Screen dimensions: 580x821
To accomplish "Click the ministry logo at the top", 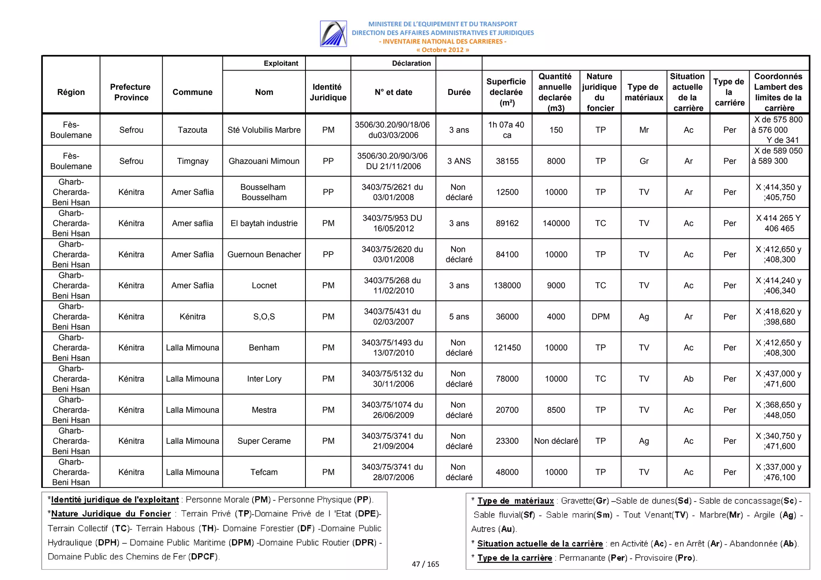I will [x=333, y=34].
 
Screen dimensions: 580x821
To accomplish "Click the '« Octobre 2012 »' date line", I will [x=443, y=50].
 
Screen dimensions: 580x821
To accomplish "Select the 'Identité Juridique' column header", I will [x=328, y=92].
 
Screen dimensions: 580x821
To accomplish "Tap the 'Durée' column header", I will [x=459, y=92].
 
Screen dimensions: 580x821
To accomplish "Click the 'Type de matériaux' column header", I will [x=644, y=92].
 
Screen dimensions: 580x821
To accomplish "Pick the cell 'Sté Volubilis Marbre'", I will [x=264, y=130].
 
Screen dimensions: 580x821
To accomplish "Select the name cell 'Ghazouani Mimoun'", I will [x=264, y=161].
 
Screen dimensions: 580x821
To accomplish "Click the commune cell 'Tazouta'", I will [x=192, y=130].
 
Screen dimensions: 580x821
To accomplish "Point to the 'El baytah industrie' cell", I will [x=264, y=223].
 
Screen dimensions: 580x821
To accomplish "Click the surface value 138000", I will [x=507, y=285].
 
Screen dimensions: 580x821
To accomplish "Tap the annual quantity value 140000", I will [x=556, y=223].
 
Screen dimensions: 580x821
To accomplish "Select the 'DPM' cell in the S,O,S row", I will [x=600, y=316].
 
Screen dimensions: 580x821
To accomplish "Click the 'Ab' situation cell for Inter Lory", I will [x=688, y=379].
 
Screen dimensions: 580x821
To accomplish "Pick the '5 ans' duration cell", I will [x=459, y=316].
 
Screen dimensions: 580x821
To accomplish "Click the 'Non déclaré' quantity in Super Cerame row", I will [x=556, y=441].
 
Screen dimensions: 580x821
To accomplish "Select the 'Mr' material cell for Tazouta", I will [x=644, y=130].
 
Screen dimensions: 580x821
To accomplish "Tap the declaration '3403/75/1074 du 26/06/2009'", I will [x=393, y=410].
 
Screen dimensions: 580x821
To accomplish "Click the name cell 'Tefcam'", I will [x=264, y=472].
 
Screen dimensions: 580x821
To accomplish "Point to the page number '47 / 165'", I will [x=425, y=564].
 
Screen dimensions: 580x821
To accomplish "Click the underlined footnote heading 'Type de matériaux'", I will [x=515, y=501].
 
